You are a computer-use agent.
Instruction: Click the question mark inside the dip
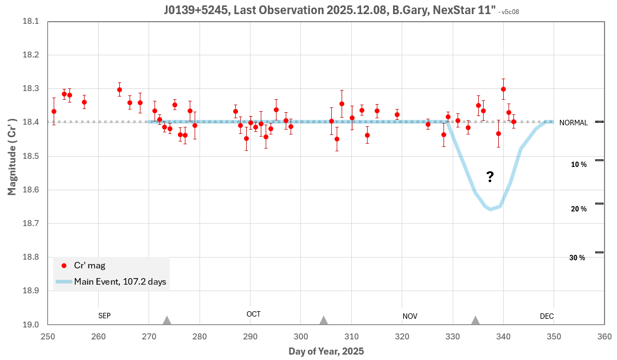(490, 177)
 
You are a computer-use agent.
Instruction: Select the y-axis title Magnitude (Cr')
(11, 157)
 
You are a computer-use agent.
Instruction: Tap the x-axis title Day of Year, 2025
(325, 351)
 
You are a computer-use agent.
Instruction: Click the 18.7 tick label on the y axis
(31, 223)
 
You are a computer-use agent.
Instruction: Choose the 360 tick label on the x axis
(605, 336)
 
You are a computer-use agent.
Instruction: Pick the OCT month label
(253, 314)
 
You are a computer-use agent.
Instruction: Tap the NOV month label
(410, 316)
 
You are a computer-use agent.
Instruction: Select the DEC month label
(547, 316)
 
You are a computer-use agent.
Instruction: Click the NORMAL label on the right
(574, 123)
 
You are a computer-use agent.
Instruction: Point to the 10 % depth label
(579, 164)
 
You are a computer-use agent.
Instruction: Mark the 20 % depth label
(579, 209)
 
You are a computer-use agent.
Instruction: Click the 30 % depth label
(577, 258)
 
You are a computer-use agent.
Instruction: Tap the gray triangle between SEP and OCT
(167, 320)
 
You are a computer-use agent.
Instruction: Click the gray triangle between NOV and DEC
(475, 320)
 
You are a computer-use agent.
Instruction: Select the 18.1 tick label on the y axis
(31, 22)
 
